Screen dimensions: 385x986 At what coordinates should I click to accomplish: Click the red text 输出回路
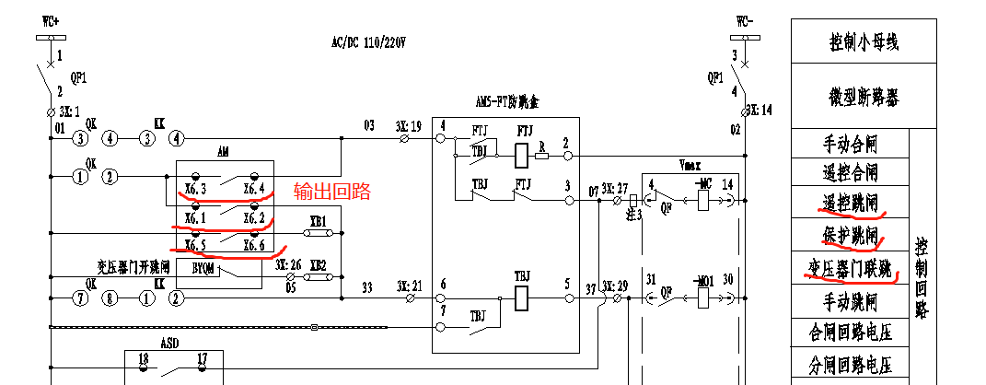click(x=331, y=192)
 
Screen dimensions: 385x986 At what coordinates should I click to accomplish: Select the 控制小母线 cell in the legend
click(x=863, y=41)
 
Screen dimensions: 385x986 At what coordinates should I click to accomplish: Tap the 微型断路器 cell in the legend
click(x=863, y=96)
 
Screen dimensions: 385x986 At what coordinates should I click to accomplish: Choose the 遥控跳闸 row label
click(x=849, y=202)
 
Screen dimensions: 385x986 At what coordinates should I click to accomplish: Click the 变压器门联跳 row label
click(x=849, y=268)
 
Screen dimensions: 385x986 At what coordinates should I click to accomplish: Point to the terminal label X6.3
click(x=194, y=190)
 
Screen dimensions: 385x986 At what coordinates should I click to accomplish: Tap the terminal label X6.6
click(x=255, y=246)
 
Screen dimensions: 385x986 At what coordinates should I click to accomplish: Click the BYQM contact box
click(x=203, y=268)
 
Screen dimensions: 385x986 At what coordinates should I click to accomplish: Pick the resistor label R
click(x=541, y=145)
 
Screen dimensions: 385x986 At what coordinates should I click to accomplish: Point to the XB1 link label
click(x=319, y=221)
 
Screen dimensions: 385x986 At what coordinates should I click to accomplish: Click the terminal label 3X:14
click(x=760, y=110)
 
